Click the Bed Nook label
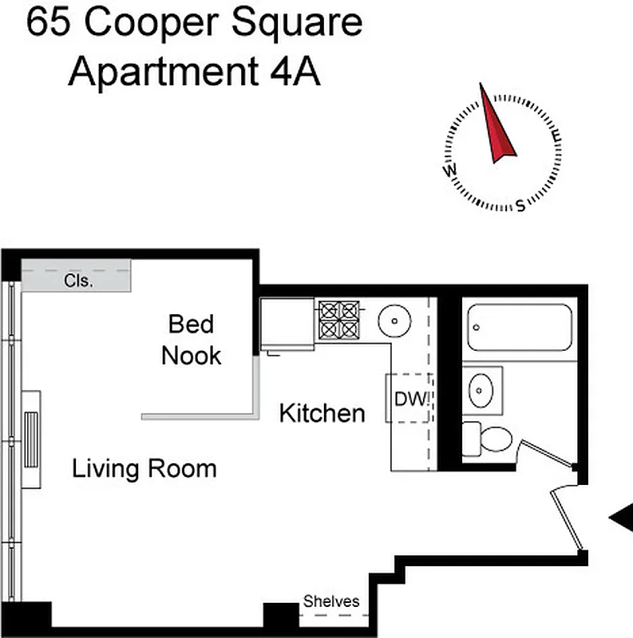(x=192, y=339)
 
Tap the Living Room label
(x=144, y=468)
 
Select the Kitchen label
(x=322, y=413)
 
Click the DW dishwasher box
(x=409, y=398)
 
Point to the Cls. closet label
(x=78, y=281)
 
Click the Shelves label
(x=331, y=602)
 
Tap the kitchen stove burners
(x=339, y=320)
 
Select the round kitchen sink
(x=394, y=321)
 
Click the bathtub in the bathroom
(x=520, y=326)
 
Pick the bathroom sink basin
(x=483, y=390)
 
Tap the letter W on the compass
(x=450, y=171)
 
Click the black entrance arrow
(x=621, y=518)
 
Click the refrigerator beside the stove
(x=287, y=325)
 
